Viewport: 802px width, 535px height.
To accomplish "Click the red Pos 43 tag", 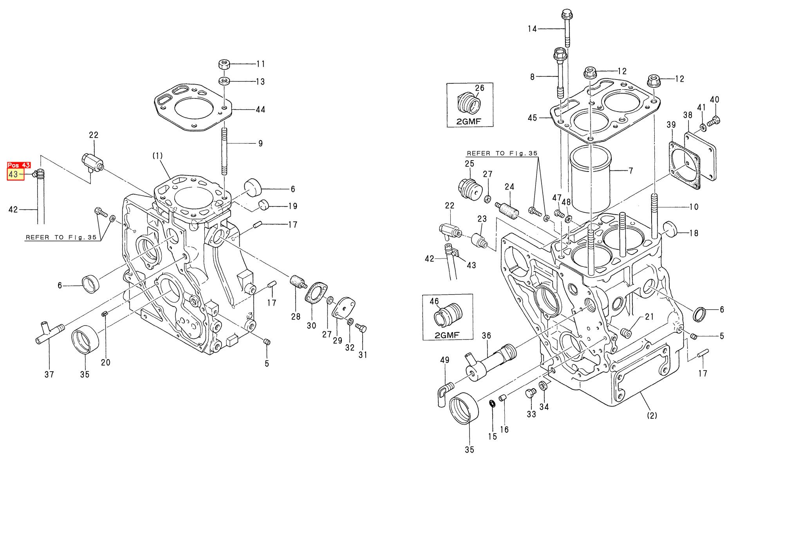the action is (19, 165).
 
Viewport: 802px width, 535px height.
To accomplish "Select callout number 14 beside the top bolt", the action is (532, 29).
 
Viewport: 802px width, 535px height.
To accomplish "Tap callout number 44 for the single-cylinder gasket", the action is (260, 110).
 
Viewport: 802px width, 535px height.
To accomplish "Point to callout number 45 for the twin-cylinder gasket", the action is (532, 118).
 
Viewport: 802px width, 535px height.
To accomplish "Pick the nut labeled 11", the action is (224, 64).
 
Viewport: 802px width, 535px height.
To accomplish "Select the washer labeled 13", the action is (224, 81).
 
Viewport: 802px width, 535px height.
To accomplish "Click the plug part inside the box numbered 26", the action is (469, 103).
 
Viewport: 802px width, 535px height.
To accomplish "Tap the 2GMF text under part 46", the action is (447, 335).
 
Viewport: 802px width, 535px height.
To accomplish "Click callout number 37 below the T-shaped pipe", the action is (49, 374).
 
